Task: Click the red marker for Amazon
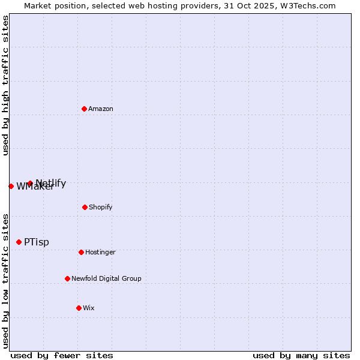tap(84, 109)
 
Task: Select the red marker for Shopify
tap(85, 207)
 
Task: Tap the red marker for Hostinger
tap(81, 252)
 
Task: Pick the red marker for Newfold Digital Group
tap(67, 278)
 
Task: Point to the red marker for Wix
tap(79, 308)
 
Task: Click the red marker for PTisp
tap(19, 242)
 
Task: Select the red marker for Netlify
tap(30, 183)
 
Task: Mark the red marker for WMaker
tap(11, 186)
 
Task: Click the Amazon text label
tap(101, 109)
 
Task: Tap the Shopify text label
tap(100, 207)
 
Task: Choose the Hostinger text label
tap(100, 252)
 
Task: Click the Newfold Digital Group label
tap(106, 278)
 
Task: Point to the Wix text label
tap(89, 308)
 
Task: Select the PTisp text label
tap(37, 242)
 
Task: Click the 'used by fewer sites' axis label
tap(62, 355)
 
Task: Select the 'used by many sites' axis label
tap(301, 355)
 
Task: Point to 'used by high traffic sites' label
tap(5, 85)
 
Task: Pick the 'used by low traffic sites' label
tap(5, 281)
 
